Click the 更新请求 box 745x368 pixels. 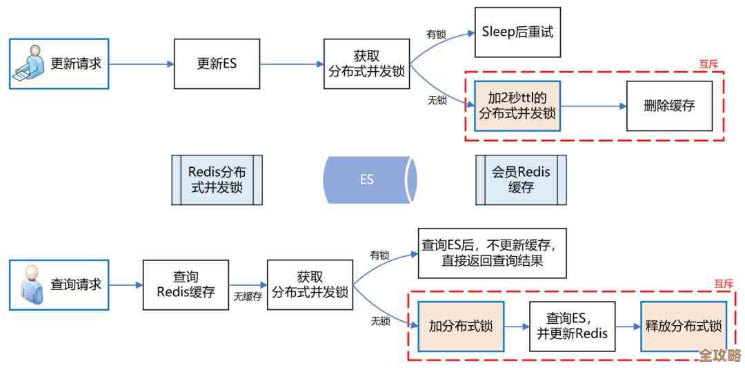tap(59, 64)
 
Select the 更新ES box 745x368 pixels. tap(217, 64)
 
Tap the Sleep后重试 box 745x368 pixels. tap(517, 32)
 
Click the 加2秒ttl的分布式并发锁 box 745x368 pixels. tap(517, 106)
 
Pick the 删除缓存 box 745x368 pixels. tap(668, 106)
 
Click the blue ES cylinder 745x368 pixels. tap(368, 180)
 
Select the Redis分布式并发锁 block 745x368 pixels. tap(217, 180)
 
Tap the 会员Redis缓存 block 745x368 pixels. tap(521, 180)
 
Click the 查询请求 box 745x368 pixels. tap(59, 284)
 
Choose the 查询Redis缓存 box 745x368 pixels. tap(185, 284)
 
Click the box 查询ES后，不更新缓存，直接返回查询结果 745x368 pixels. tap(492, 253)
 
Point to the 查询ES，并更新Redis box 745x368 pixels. tap(572, 327)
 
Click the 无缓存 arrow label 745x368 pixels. tap(248, 296)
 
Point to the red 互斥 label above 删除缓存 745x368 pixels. tap(708, 64)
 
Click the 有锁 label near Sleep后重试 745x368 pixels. tap(437, 34)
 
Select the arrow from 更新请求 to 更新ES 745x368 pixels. tap(141, 64)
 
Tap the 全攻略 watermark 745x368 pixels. tap(719, 356)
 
